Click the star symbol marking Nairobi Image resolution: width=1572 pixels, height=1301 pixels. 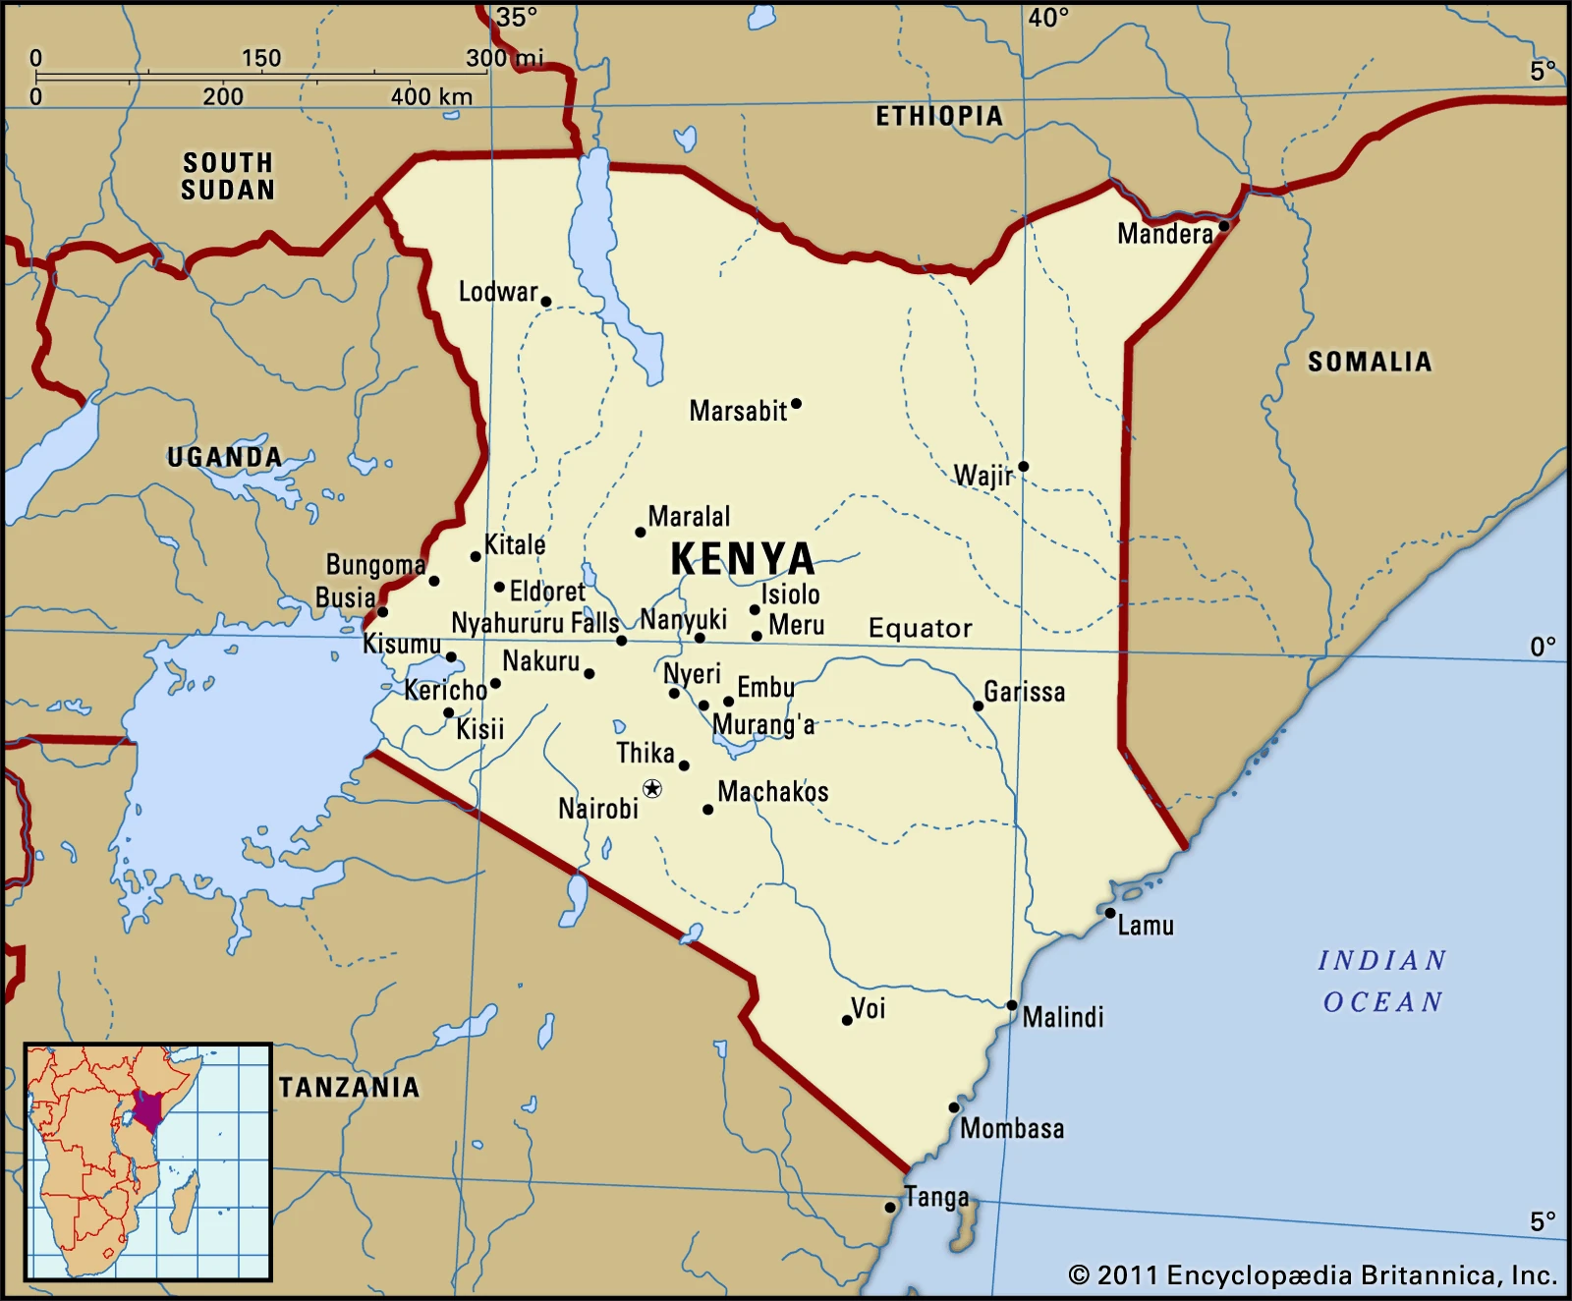[x=652, y=788]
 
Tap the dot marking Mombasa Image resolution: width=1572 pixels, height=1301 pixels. [x=954, y=1107]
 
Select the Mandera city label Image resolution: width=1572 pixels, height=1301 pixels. [x=1164, y=234]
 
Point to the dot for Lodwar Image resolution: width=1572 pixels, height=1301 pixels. [x=546, y=302]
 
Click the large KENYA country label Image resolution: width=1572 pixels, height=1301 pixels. [x=743, y=559]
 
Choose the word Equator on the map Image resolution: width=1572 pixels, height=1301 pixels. [x=921, y=628]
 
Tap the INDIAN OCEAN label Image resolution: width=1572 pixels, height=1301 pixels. [x=1382, y=981]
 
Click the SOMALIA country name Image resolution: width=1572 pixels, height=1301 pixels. [x=1370, y=362]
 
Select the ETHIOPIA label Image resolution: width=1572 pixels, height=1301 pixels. [x=939, y=116]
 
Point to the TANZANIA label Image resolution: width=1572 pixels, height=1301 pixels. [x=350, y=1087]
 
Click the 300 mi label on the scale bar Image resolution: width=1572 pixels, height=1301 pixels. [x=504, y=58]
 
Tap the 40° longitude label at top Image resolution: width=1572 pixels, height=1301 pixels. [x=1048, y=18]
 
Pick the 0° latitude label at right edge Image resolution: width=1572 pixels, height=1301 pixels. [x=1543, y=647]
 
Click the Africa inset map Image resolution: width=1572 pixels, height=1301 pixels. [x=147, y=1161]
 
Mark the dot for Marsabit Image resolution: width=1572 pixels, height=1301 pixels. [x=796, y=404]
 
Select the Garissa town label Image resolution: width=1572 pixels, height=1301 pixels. [x=1024, y=692]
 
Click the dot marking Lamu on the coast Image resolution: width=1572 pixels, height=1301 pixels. [x=1110, y=913]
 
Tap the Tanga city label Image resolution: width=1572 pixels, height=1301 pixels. [x=936, y=1197]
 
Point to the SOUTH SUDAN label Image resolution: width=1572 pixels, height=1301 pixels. [x=228, y=176]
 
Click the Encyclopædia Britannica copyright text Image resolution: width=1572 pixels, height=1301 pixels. [x=1313, y=1275]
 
